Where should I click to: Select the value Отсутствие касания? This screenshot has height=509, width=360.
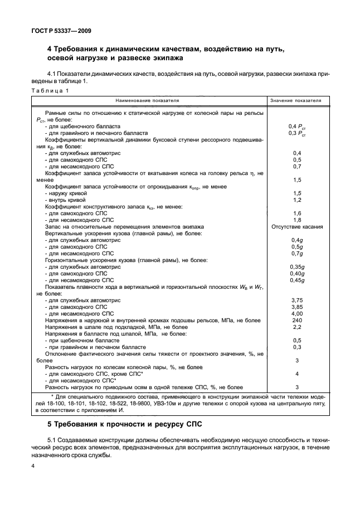(296, 227)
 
